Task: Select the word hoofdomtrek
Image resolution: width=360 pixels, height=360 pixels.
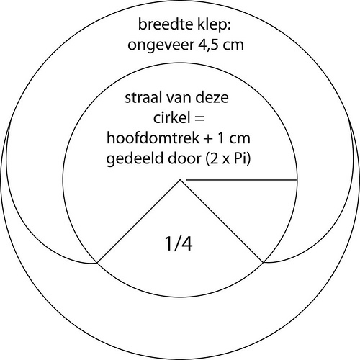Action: click(153, 138)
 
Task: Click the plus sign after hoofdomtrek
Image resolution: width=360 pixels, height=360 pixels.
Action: click(210, 139)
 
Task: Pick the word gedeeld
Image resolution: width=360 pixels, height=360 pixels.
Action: click(135, 160)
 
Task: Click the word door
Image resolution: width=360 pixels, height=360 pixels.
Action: click(184, 158)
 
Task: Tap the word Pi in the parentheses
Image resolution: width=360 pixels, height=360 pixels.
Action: click(240, 158)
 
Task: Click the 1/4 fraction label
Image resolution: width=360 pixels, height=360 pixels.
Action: click(179, 244)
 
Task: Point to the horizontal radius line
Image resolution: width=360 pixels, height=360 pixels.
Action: click(242, 179)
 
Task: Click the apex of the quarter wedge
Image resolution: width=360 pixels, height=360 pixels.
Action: click(180, 180)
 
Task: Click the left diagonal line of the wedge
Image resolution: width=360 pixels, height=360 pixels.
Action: click(138, 221)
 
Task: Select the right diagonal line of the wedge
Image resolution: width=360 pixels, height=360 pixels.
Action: click(222, 221)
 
